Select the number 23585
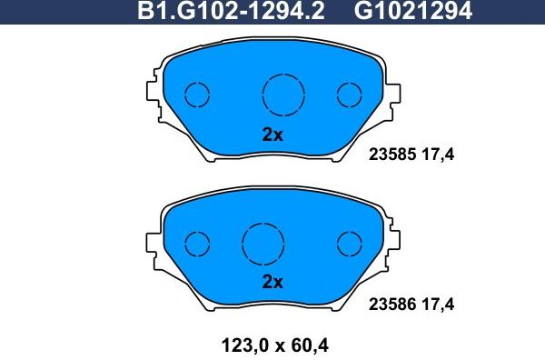click(391, 155)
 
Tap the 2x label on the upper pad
click(272, 135)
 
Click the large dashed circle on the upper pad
click(282, 94)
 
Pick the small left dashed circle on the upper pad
click(197, 94)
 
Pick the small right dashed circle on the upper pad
click(349, 94)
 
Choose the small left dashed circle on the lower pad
click(197, 243)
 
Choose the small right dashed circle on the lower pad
click(349, 243)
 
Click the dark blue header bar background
click(73, 11)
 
